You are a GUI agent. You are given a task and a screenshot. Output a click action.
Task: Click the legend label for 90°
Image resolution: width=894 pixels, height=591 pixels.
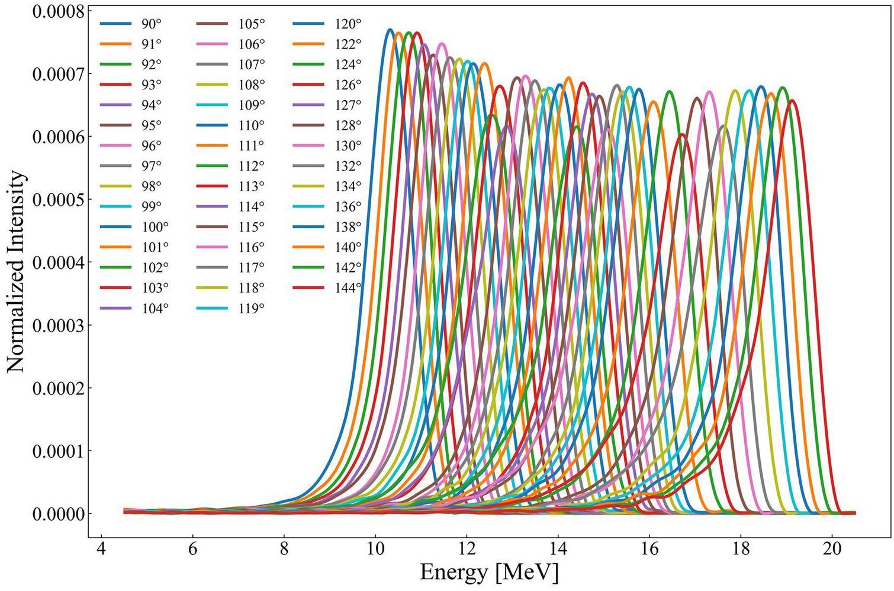(x=151, y=24)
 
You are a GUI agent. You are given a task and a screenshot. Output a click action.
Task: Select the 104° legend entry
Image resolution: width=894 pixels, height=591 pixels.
(x=155, y=309)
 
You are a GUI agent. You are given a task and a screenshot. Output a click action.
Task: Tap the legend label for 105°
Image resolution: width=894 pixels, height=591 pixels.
(x=252, y=24)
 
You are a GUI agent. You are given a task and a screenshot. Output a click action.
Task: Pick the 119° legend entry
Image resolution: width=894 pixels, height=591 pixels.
(x=252, y=309)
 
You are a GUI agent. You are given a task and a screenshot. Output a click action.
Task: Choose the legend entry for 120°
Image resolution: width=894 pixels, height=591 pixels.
(x=348, y=24)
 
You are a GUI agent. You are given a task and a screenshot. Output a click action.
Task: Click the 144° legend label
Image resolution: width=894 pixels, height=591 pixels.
(x=348, y=288)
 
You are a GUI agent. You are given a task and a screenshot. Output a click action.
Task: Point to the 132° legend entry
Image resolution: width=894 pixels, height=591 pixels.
(x=348, y=166)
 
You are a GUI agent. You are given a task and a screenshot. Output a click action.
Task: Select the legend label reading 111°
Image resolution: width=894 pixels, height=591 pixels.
(x=252, y=146)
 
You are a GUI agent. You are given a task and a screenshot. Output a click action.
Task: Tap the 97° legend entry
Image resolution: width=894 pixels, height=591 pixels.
(x=151, y=166)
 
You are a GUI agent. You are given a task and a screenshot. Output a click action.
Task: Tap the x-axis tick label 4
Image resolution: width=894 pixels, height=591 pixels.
(x=102, y=548)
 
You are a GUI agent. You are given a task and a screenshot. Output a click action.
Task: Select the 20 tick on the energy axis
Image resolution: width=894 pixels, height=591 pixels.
(x=832, y=548)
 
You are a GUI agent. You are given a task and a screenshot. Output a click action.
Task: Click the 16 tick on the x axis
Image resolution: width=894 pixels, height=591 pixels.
(x=649, y=548)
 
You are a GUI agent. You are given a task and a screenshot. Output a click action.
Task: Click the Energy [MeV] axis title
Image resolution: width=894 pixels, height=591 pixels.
(x=489, y=573)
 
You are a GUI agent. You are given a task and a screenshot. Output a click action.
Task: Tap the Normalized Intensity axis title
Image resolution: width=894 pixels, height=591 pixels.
(x=17, y=272)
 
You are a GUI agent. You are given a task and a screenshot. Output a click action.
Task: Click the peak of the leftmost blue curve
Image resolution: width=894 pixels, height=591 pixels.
(x=389, y=29)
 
